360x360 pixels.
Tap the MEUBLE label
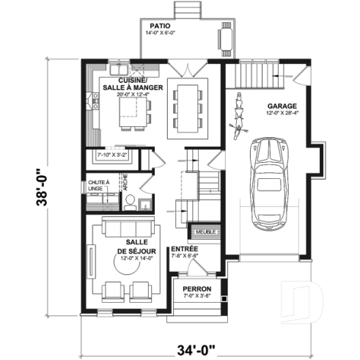pyautogui.click(x=201, y=233)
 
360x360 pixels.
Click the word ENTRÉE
pyautogui.click(x=182, y=250)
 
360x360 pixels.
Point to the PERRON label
pyautogui.click(x=196, y=290)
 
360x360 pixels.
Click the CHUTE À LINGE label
pyautogui.click(x=98, y=185)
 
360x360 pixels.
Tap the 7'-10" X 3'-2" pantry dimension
pyautogui.click(x=112, y=155)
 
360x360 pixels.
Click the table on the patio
pyautogui.click(x=224, y=37)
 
